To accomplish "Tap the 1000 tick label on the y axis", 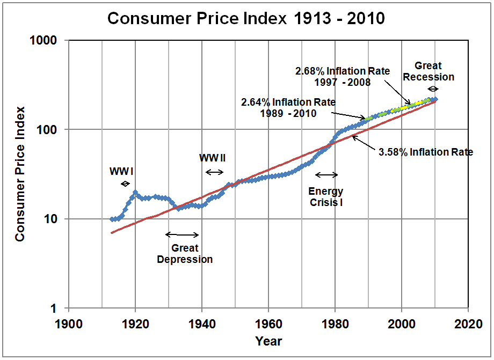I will coord(48,41).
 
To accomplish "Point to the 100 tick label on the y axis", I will coord(52,130).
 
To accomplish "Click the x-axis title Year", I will coord(268,341).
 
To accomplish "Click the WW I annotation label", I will coord(121,171).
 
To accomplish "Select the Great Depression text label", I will coord(185,254).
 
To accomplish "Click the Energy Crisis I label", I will coord(325,196).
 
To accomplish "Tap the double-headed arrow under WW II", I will coord(215,172).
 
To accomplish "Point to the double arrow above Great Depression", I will coord(182,234).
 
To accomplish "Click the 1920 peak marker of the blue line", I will coord(135,192).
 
